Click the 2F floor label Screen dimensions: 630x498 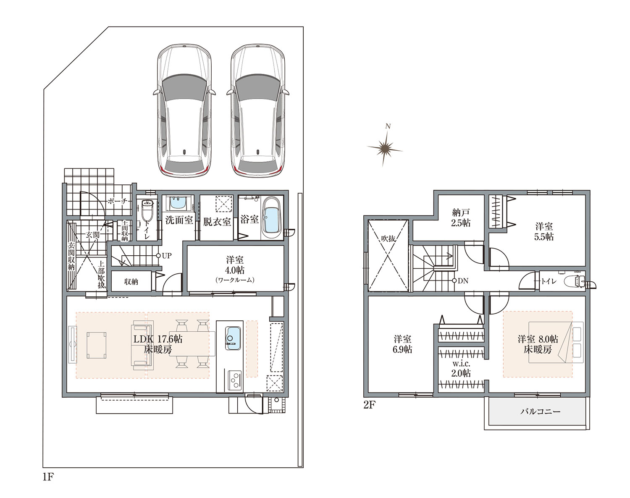click(370, 405)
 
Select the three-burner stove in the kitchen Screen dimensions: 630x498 click(234, 380)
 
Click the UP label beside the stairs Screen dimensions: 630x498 click(167, 256)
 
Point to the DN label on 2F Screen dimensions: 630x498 click(463, 281)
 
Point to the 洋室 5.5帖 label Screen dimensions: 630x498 click(544, 232)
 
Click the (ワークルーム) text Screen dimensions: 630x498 click(235, 280)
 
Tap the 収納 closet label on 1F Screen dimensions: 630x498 click(131, 282)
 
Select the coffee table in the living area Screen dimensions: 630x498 click(96, 345)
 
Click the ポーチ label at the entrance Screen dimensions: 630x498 click(118, 202)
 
